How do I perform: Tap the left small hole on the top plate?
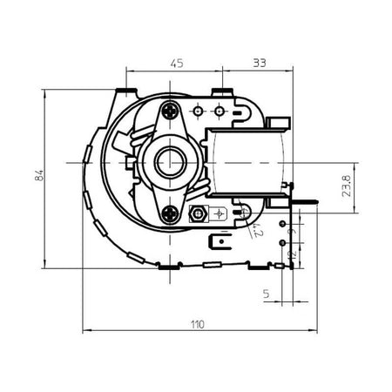coord(199,111)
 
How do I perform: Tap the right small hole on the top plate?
coord(219,111)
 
